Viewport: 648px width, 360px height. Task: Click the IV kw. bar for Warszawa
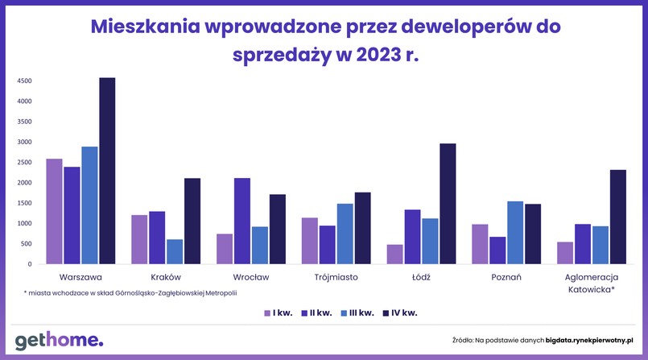[107, 171]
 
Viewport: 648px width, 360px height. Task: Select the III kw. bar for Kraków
[175, 251]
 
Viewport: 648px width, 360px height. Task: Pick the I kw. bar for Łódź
[394, 254]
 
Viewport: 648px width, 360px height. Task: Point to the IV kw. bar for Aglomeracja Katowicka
[617, 217]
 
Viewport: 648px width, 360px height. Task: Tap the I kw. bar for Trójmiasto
[309, 241]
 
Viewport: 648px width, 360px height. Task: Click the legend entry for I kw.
[279, 312]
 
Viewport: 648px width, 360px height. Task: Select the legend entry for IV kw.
[400, 312]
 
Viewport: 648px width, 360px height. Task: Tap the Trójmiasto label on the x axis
[336, 277]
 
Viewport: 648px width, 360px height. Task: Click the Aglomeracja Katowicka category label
[590, 283]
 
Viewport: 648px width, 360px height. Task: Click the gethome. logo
[59, 339]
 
